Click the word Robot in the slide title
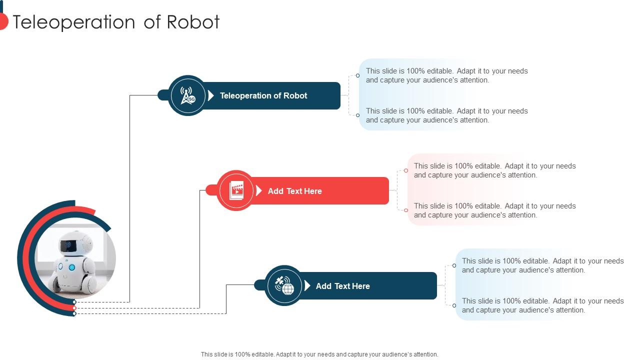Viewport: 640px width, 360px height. pos(193,22)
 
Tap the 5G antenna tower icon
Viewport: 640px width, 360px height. pos(187,95)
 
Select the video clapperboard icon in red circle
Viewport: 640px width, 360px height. pos(236,190)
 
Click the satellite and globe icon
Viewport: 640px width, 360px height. pos(283,285)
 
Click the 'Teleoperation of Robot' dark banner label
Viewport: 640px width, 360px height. pos(263,95)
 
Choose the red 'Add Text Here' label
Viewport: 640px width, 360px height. pos(294,191)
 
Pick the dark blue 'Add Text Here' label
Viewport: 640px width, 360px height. pos(342,286)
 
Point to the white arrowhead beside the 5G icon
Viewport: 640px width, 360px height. pos(211,95)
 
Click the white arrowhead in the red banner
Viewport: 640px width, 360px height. pos(259,190)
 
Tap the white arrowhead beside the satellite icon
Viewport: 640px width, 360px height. pos(307,285)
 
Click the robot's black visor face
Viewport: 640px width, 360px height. pos(68,245)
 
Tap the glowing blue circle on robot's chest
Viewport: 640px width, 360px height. pos(71,267)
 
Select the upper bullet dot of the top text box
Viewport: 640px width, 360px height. pos(357,75)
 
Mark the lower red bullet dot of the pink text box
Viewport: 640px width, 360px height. pos(406,210)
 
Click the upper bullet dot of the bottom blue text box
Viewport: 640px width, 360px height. pos(454,265)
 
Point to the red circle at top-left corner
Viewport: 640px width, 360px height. pos(2,21)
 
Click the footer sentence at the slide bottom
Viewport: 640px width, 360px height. pos(319,354)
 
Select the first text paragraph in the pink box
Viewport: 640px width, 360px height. pos(494,170)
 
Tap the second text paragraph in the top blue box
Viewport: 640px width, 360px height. pos(446,115)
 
